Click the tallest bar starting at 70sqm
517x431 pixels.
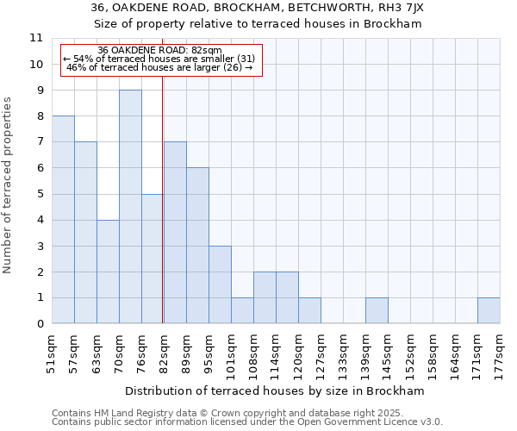coord(130,207)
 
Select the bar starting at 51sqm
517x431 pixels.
coord(63,220)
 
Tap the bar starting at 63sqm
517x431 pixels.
coord(108,272)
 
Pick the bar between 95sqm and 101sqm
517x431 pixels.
coord(220,284)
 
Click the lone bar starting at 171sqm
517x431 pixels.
coord(489,310)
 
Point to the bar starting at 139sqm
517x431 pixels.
coord(377,310)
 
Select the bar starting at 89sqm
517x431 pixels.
coord(197,246)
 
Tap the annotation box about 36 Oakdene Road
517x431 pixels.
coord(159,59)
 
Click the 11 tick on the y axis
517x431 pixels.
coord(36,38)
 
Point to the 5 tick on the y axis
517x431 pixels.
coord(40,194)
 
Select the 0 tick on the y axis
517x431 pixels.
coord(40,324)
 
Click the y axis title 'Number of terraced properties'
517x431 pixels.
coord(9,185)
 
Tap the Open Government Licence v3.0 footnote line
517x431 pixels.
coord(247,422)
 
